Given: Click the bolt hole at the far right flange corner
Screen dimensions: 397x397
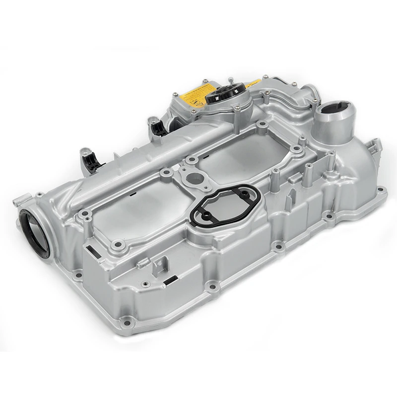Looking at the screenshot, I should (381, 190).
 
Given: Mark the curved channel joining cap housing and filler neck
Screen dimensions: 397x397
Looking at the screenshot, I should (288, 99).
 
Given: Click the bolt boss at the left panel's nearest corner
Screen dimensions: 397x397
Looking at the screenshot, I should (118, 244).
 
